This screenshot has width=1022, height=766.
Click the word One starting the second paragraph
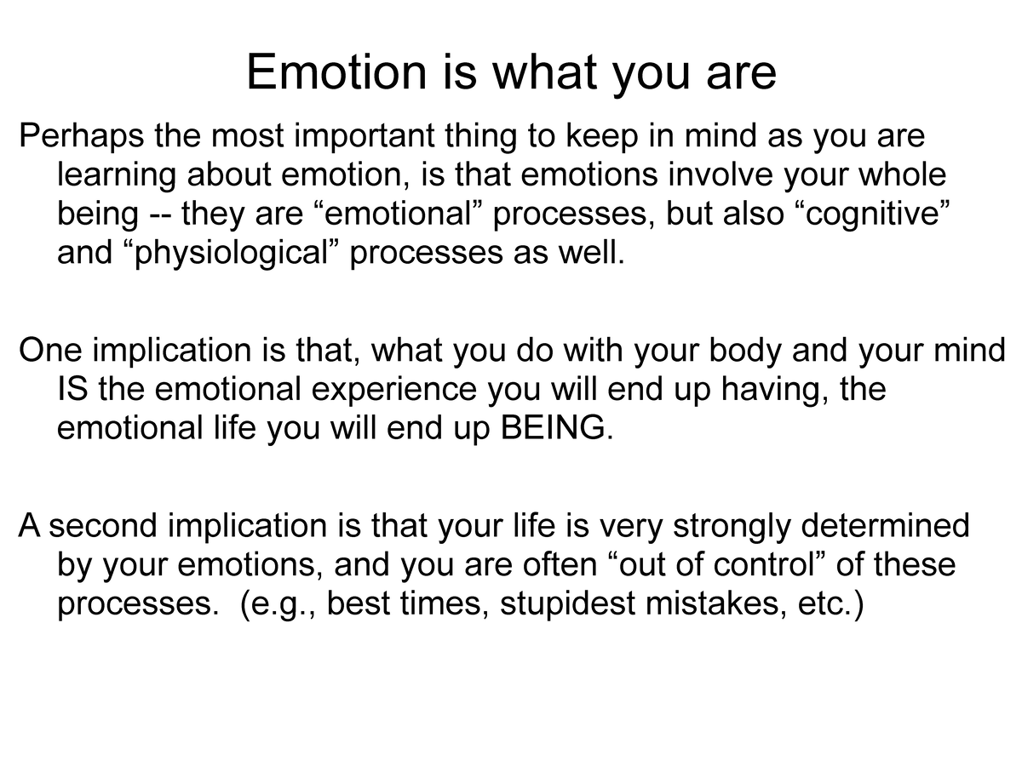49,350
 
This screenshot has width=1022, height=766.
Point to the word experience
390,389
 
